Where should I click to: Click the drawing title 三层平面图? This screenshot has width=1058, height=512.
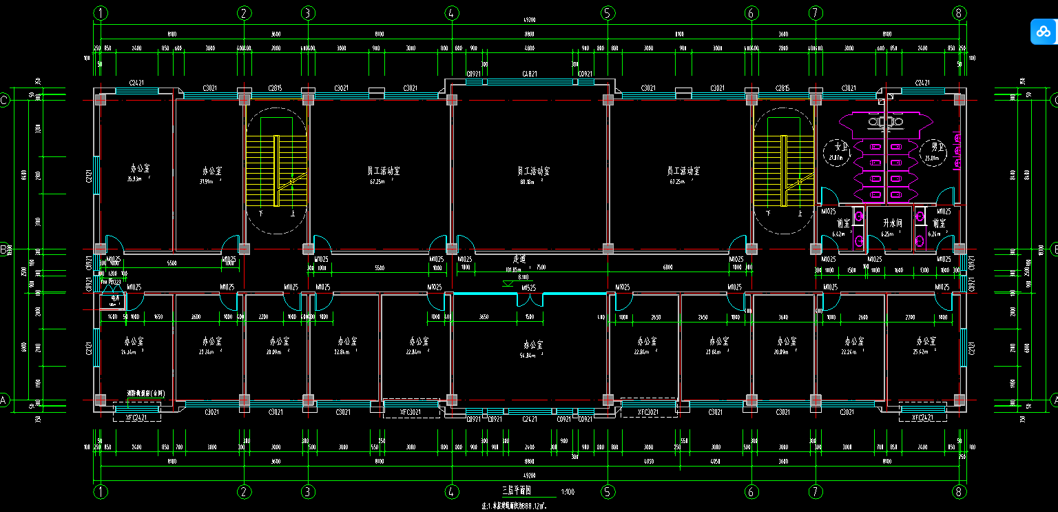coord(517,491)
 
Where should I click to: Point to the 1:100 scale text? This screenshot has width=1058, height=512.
coord(568,492)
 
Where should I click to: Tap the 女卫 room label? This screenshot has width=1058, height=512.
coord(839,147)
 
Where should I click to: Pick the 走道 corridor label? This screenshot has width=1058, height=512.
coord(519,259)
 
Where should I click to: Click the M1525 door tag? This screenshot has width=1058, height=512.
coord(529,287)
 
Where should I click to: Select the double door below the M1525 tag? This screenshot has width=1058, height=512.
coord(530,300)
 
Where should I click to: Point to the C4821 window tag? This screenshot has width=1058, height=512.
coord(530,74)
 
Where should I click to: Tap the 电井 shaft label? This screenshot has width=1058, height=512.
coord(114,299)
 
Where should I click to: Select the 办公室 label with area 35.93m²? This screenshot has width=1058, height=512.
coord(141,167)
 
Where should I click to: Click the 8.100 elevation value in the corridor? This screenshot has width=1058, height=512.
coord(523,276)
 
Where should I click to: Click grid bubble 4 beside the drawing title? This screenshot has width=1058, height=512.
coord(451,491)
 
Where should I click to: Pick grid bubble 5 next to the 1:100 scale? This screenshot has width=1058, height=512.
coord(608,491)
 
